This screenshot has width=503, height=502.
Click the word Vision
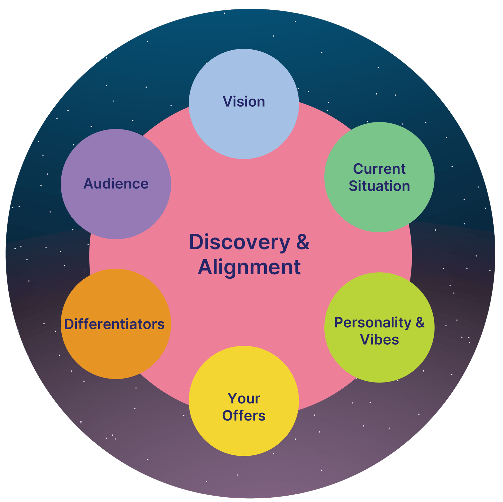tap(244, 102)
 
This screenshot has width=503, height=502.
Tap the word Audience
tap(116, 184)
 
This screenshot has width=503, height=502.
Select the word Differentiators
tap(114, 324)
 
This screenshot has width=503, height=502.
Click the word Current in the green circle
tap(379, 169)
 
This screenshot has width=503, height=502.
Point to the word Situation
tap(379, 186)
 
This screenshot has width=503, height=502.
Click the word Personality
tap(373, 323)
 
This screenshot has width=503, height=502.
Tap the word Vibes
tap(379, 340)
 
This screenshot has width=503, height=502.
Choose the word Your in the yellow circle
tap(244, 399)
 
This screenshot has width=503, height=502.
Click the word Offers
tap(244, 416)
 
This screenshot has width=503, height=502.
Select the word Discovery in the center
tap(239, 242)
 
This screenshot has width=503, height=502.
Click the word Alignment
tap(249, 267)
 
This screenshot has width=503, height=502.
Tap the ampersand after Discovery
tap(302, 242)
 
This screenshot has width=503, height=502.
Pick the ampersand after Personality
tap(420, 323)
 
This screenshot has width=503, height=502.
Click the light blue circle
tap(244, 134)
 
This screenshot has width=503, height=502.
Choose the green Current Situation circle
tap(379, 208)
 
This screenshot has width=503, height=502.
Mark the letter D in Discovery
tap(197, 242)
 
